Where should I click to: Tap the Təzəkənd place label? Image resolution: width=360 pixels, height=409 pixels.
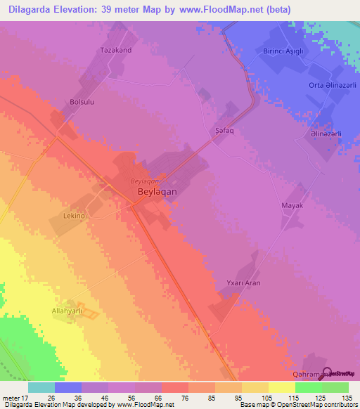(x=116, y=51)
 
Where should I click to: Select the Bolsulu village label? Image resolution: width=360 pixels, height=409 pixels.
(x=79, y=103)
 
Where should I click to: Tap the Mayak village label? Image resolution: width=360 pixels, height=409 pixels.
(x=292, y=205)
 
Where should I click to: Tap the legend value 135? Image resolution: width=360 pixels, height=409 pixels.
(x=345, y=398)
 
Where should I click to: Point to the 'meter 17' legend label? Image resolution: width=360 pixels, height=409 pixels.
(x=13, y=398)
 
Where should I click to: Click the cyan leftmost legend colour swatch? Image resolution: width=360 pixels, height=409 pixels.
(x=41, y=387)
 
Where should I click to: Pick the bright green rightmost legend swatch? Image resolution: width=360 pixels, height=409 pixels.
(x=335, y=387)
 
